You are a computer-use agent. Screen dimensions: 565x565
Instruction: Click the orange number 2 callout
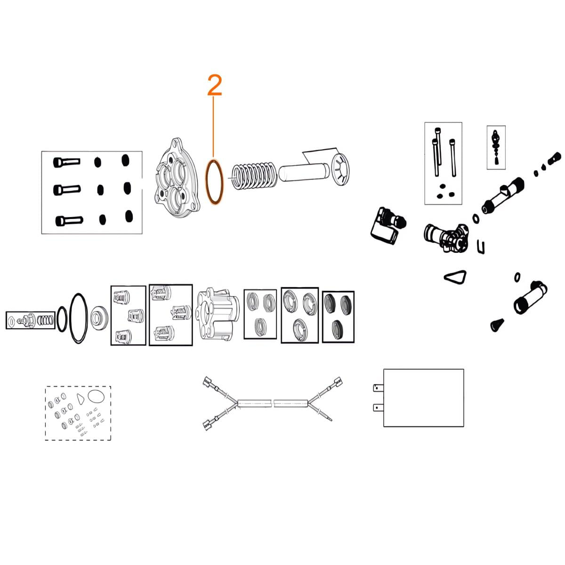tap(214, 85)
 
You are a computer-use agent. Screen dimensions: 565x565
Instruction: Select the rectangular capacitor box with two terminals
tap(423, 397)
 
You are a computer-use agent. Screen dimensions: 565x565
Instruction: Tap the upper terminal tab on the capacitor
tap(378, 388)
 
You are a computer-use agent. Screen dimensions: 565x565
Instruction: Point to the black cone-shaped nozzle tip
tap(497, 324)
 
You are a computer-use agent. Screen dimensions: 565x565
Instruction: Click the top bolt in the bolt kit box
tap(66, 161)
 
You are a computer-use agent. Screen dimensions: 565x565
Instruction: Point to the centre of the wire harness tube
tap(273, 404)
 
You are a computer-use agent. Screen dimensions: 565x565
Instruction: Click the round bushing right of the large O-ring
tap(99, 317)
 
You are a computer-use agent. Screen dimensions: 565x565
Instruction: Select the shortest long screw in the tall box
tap(452, 158)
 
